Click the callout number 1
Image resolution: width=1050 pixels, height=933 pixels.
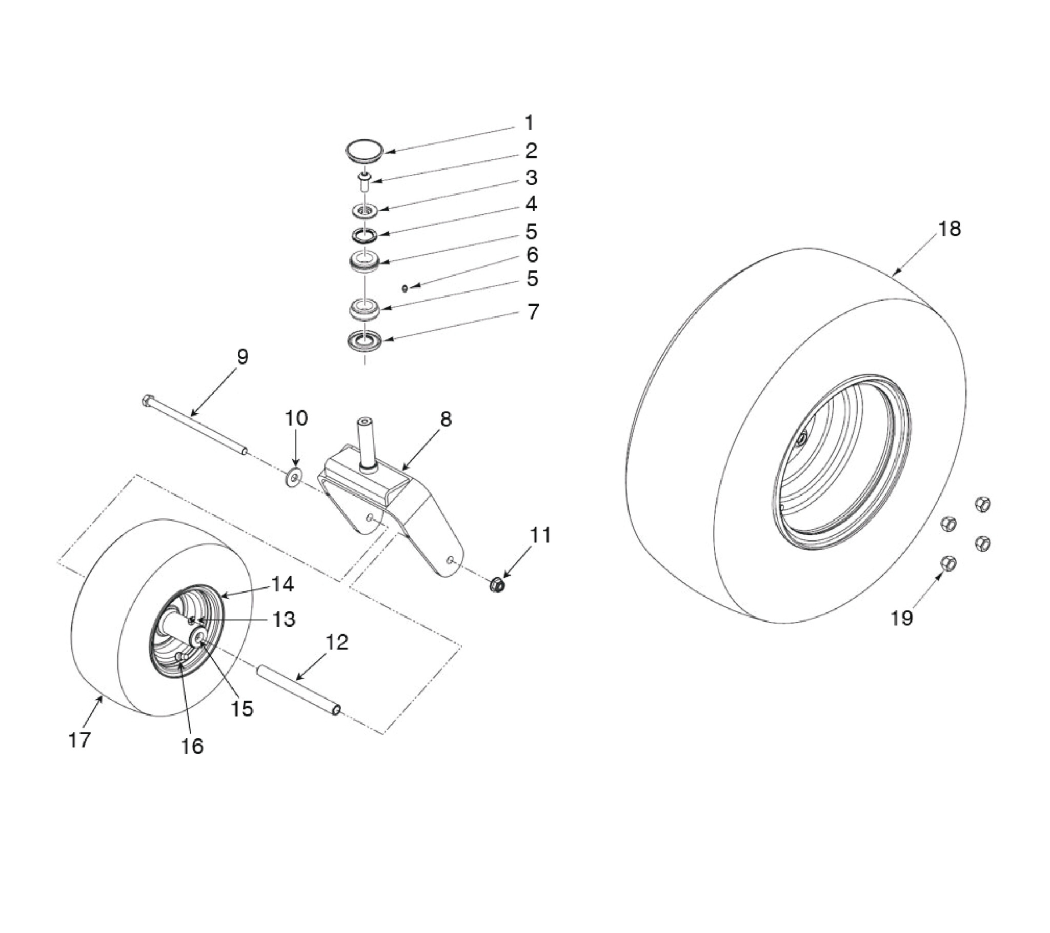pyautogui.click(x=529, y=124)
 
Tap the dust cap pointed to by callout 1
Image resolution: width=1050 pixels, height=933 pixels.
pyautogui.click(x=364, y=152)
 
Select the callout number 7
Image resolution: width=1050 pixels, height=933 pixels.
pyautogui.click(x=533, y=312)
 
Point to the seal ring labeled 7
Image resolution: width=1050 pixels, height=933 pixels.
pyautogui.click(x=364, y=340)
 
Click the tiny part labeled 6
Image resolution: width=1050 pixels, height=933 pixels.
pyautogui.click(x=406, y=289)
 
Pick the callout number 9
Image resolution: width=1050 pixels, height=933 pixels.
pyautogui.click(x=243, y=357)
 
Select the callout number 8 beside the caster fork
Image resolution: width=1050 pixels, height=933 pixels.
pyautogui.click(x=446, y=419)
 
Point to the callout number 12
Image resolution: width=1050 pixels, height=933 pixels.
pyautogui.click(x=337, y=642)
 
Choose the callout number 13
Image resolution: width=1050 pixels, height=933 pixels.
pyautogui.click(x=284, y=619)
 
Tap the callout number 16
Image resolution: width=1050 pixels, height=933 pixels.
pyautogui.click(x=192, y=746)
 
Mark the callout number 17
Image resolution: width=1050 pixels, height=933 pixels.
pyautogui.click(x=79, y=740)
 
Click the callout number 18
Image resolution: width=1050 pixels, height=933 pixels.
pyautogui.click(x=950, y=229)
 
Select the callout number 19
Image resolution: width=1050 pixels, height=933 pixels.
pyautogui.click(x=901, y=618)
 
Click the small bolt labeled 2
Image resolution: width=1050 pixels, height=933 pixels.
pyautogui.click(x=364, y=181)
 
